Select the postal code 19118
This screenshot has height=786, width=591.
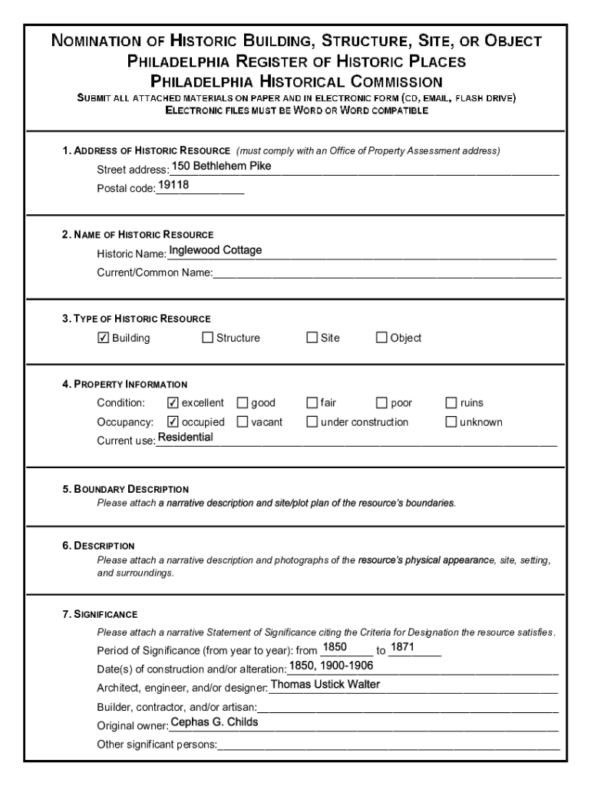[173, 186]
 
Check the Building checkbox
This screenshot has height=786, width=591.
[104, 338]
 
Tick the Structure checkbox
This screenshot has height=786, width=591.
[207, 338]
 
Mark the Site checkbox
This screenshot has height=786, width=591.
[312, 338]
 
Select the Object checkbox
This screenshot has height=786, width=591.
[381, 338]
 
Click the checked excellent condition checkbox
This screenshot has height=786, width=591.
[173, 403]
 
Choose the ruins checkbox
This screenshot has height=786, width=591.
[451, 403]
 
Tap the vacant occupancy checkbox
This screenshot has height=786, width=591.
[243, 422]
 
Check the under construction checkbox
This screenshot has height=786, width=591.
[312, 422]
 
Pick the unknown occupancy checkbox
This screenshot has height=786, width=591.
[451, 422]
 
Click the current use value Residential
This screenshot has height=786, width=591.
[185, 438]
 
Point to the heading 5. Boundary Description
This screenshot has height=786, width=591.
[126, 489]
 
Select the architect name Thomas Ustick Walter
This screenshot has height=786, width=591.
[325, 684]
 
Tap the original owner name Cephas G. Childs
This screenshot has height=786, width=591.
[214, 722]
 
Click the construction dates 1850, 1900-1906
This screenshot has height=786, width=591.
[331, 665]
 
